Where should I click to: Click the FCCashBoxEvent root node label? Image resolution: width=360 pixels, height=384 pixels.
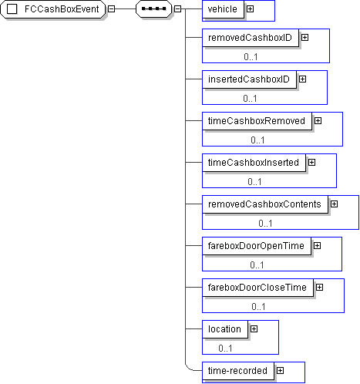coord(62,9)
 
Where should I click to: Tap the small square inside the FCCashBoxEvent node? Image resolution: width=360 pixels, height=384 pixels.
coord(12,9)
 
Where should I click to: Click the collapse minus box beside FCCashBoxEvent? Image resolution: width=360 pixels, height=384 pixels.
coord(111,9)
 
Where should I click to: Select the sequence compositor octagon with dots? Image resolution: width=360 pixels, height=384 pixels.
coord(153,9)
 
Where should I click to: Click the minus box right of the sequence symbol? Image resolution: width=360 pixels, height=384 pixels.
coord(177,9)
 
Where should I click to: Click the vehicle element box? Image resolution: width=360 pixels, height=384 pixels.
coord(223,9)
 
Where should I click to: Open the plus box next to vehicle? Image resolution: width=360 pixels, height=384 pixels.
coord(250,9)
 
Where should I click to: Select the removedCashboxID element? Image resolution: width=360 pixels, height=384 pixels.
coord(251,38)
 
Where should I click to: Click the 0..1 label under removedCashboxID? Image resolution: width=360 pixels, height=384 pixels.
coord(251,57)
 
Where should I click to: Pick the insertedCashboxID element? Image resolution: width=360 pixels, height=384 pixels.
coord(249,79)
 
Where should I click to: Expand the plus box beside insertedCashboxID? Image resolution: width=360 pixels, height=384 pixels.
coord(303,79)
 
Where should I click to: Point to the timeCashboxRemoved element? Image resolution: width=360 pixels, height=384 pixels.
coord(257,121)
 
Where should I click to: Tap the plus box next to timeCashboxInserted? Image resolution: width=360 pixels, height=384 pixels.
coord(312,163)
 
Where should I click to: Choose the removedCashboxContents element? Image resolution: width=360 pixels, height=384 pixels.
coord(265,204)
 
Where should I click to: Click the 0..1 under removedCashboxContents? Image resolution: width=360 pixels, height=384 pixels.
coord(265,224)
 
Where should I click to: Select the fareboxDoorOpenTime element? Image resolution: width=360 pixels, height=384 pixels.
coord(257,246)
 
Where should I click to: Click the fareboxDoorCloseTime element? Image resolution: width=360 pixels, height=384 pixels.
coord(258,288)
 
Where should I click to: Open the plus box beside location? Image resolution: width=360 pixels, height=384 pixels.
coord(254,329)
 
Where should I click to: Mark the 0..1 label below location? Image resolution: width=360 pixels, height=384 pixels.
coord(225,349)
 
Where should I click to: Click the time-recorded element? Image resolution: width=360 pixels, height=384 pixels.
coord(238,371)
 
